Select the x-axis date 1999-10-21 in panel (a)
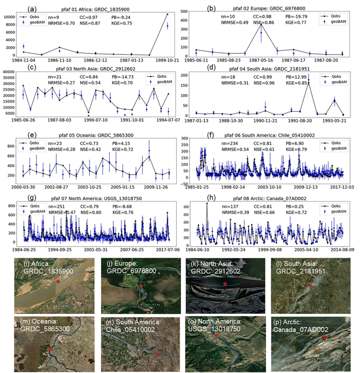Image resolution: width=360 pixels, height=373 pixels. [x=167, y=60]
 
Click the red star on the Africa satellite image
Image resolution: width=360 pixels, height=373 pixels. [x=59, y=282]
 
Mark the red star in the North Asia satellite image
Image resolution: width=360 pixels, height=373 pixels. [x=226, y=285]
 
